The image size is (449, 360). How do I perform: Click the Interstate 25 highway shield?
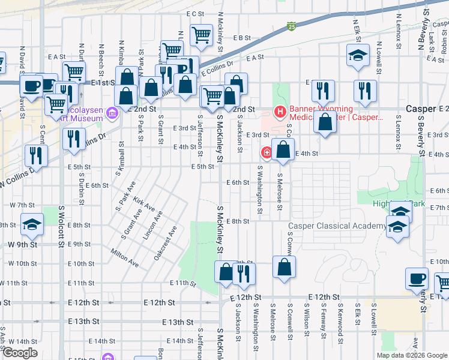coord(291,26)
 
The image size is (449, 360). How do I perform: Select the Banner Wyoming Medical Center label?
coord(336,113)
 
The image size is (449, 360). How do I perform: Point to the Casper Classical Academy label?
coord(337,226)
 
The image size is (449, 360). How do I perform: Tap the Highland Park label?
coord(399,204)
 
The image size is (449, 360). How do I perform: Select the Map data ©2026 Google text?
coord(411,355)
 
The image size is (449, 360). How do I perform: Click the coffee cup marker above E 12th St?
coord(417,278)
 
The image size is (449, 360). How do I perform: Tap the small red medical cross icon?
coord(265,154)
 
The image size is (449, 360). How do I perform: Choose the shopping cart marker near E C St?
coord(201,34)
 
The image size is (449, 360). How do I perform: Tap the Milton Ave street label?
coord(125,259)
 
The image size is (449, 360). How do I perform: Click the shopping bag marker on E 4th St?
coord(283,150)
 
